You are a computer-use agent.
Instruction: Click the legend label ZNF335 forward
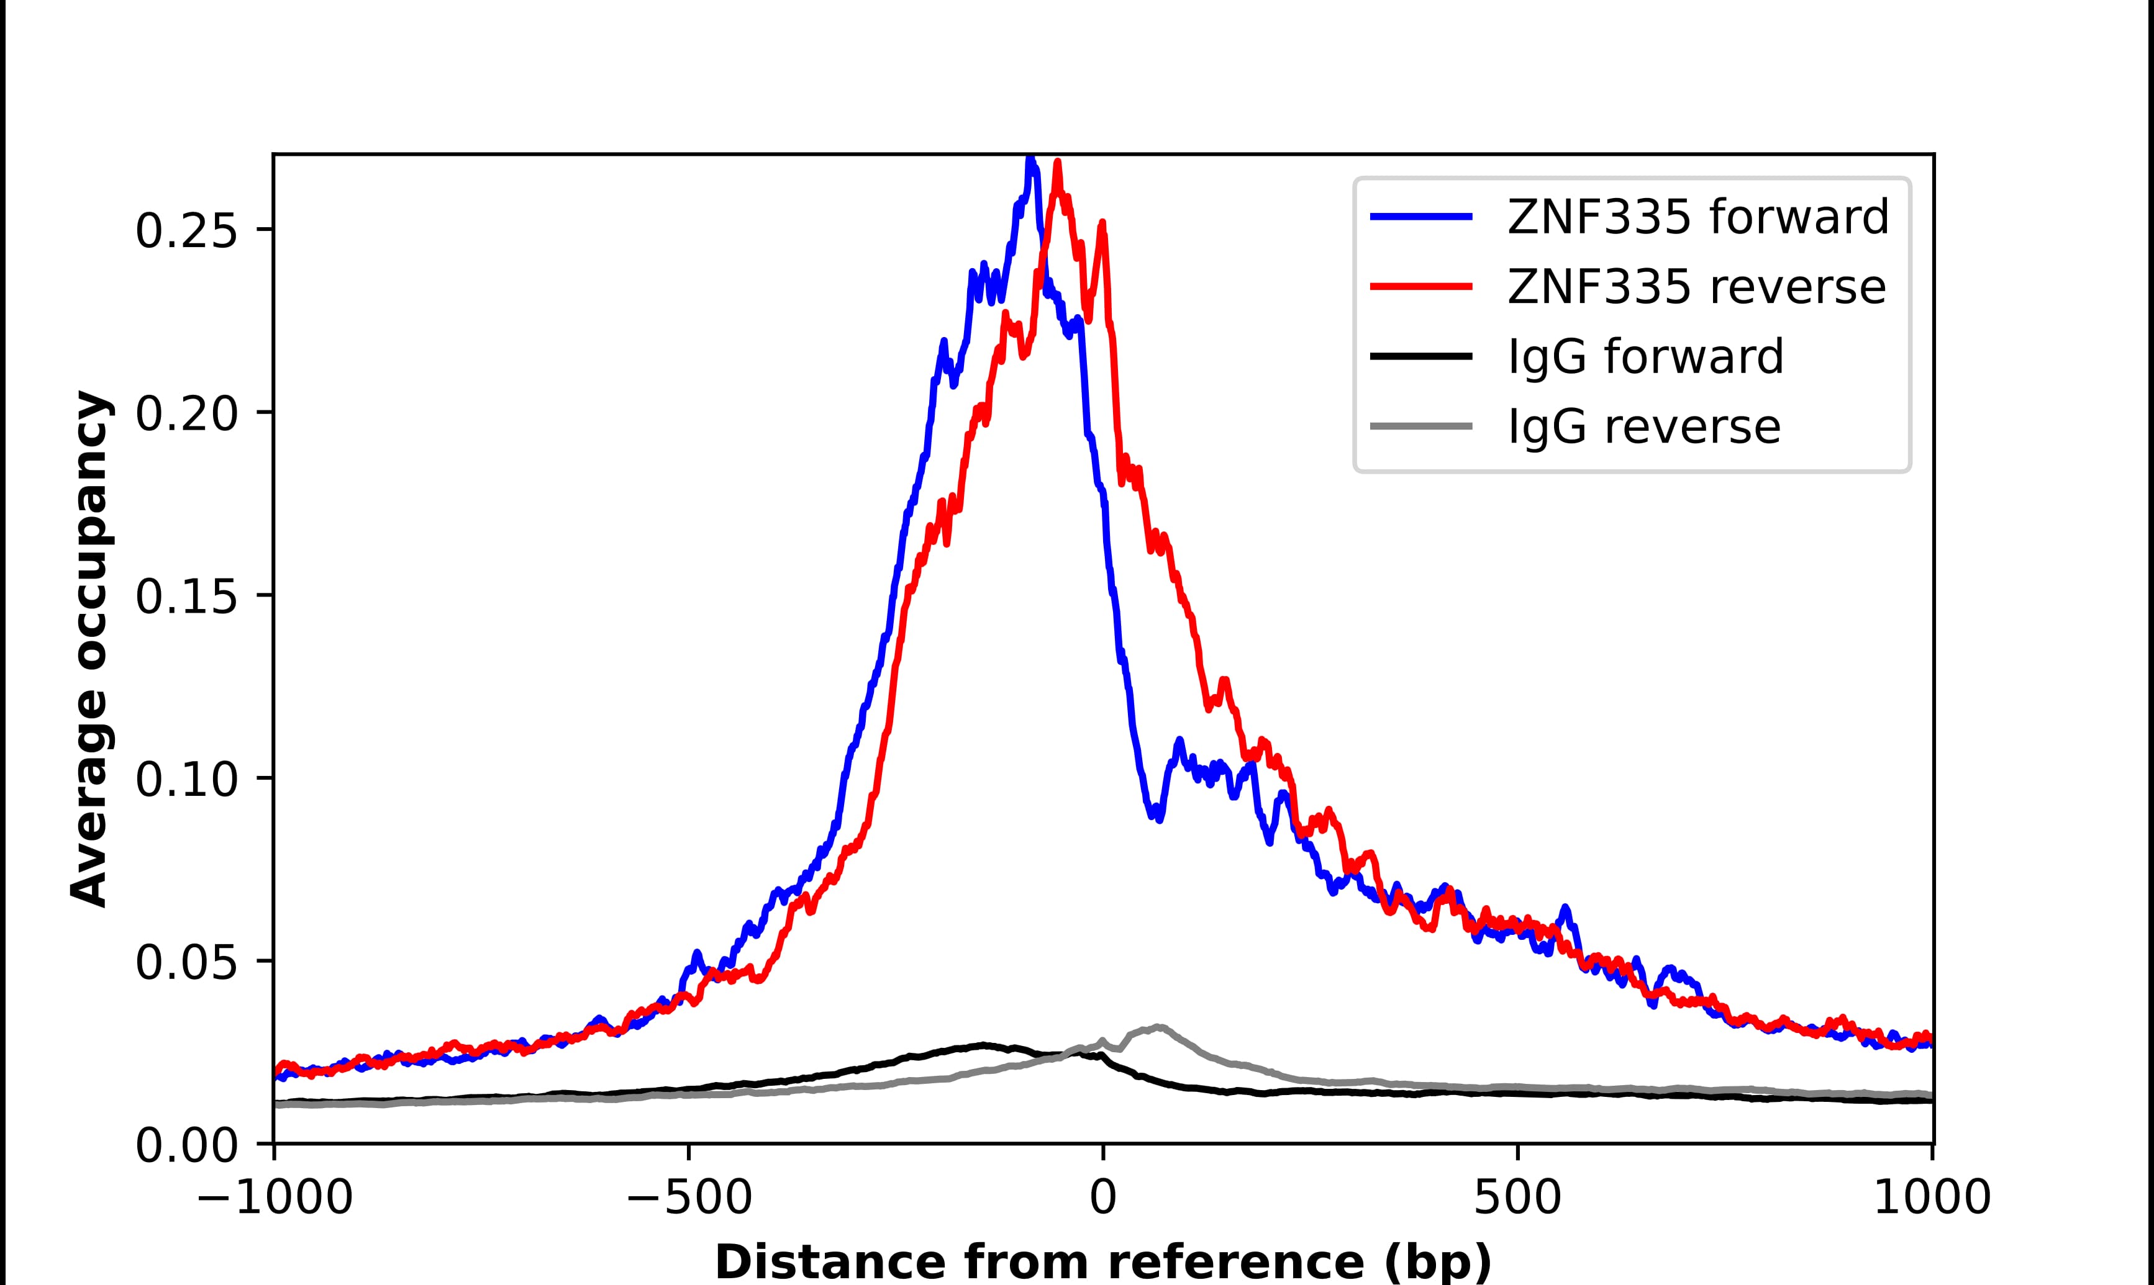pos(1697,217)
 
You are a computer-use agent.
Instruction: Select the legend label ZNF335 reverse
pos(1696,287)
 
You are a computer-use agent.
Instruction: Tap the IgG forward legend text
pos(1645,357)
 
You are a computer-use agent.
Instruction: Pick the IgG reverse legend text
pos(1644,427)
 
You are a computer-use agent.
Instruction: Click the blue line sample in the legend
pos(1421,217)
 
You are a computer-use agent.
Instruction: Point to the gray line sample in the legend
pos(1421,426)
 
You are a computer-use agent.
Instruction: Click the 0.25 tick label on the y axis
pos(185,230)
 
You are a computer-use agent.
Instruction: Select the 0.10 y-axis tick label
pos(185,779)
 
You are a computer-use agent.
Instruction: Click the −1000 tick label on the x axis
pos(275,1199)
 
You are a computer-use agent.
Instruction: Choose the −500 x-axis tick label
pos(689,1199)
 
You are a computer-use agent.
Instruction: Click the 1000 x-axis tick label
pos(1932,1199)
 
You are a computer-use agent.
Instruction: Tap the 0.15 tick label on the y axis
pos(185,597)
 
